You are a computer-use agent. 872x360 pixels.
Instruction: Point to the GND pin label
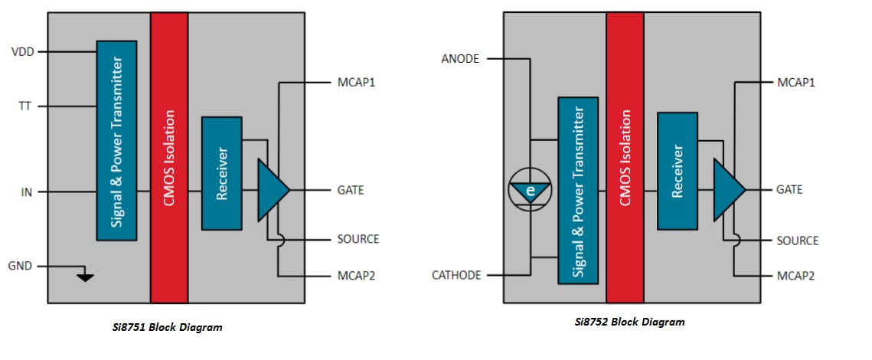point(21,266)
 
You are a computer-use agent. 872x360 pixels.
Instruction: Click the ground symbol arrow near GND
point(86,276)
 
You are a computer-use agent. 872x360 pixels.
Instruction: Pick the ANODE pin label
point(459,58)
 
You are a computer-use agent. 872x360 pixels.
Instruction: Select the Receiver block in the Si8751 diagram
point(221,173)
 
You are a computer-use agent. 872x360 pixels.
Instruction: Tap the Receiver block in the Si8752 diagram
point(677,171)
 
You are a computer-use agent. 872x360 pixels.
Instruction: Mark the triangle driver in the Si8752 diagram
point(727,189)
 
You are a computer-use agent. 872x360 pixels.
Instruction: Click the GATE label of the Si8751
point(351,190)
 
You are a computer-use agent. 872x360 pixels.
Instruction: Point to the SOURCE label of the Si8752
point(797,241)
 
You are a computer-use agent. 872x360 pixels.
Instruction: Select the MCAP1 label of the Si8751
point(356,81)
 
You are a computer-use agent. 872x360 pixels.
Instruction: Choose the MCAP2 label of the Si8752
point(797,274)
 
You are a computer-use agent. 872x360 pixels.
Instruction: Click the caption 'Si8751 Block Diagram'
point(167,327)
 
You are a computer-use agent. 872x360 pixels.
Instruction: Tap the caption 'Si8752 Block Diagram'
point(629,322)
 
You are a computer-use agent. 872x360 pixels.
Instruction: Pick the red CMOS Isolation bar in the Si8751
point(169,157)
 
